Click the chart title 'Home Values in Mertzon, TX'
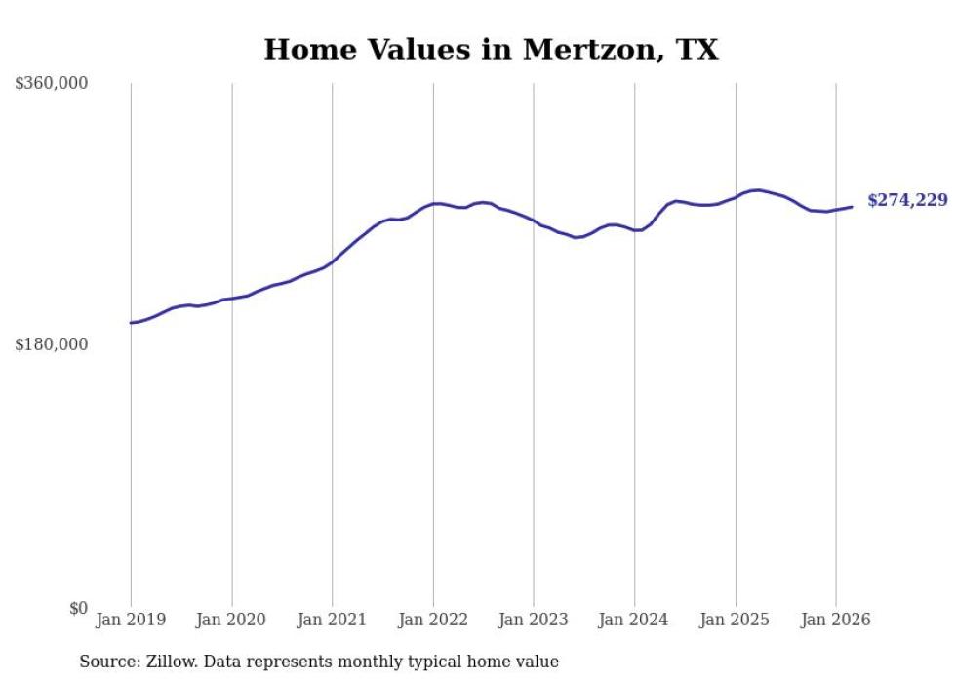click(x=491, y=50)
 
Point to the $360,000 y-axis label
click(x=52, y=84)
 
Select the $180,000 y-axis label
click(x=52, y=344)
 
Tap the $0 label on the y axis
click(x=78, y=608)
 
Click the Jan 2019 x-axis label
click(x=131, y=620)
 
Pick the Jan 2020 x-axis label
click(x=231, y=620)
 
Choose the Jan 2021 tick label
click(x=333, y=620)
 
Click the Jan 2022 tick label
click(x=433, y=620)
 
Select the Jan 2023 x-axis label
click(x=534, y=620)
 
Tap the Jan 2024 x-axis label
click(x=634, y=620)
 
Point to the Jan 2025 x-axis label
click(x=735, y=620)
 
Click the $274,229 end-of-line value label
click(x=906, y=201)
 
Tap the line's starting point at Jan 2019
click(x=131, y=323)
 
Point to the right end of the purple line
click(x=852, y=207)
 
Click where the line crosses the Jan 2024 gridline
click(x=634, y=230)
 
